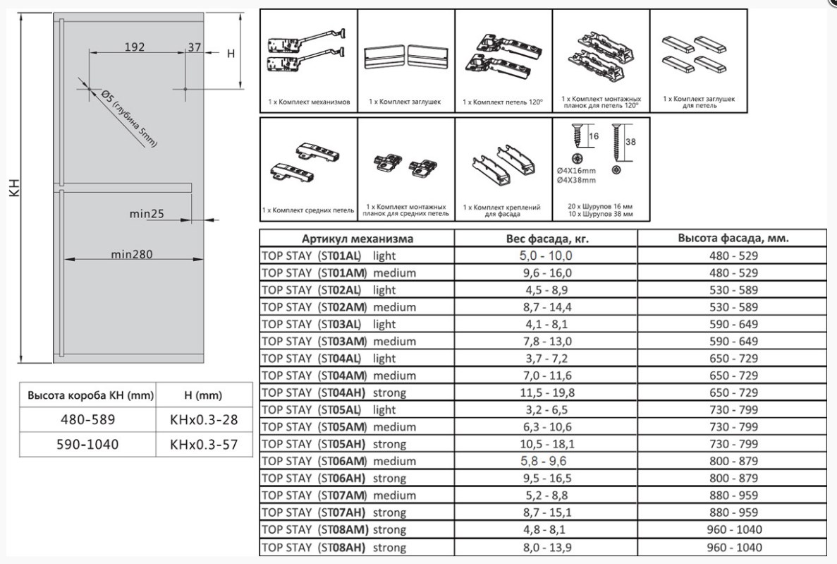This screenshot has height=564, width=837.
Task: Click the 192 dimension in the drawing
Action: click(135, 47)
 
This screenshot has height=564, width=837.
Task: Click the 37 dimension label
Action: click(195, 47)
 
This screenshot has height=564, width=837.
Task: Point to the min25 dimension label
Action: click(147, 214)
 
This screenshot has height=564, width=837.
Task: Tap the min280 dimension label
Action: click(132, 254)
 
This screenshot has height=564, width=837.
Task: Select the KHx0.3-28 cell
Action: click(204, 420)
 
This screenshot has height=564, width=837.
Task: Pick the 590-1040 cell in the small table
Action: click(87, 444)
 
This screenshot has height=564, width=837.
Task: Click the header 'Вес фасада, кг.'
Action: click(547, 239)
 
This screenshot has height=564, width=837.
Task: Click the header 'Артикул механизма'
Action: click(357, 239)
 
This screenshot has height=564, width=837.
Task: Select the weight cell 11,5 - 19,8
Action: click(547, 393)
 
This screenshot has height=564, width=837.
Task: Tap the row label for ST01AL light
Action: click(329, 256)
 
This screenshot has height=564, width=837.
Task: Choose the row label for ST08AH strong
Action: click(334, 548)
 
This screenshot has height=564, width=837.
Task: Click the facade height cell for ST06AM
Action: click(733, 461)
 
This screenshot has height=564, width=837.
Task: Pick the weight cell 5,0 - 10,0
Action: click(546, 256)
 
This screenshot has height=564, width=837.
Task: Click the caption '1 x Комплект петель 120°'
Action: click(503, 102)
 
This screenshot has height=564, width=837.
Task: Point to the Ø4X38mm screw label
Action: click(576, 180)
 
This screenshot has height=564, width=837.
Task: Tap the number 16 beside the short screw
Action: click(594, 136)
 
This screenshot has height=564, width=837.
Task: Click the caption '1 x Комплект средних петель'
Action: click(308, 210)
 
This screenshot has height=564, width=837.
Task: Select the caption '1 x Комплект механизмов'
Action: click(309, 102)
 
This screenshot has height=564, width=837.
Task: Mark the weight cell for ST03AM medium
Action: click(547, 341)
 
